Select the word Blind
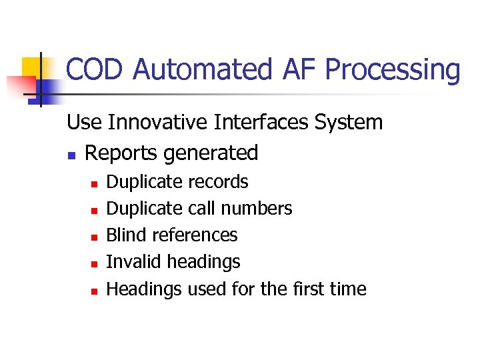click(x=127, y=235)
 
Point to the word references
click(x=195, y=235)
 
